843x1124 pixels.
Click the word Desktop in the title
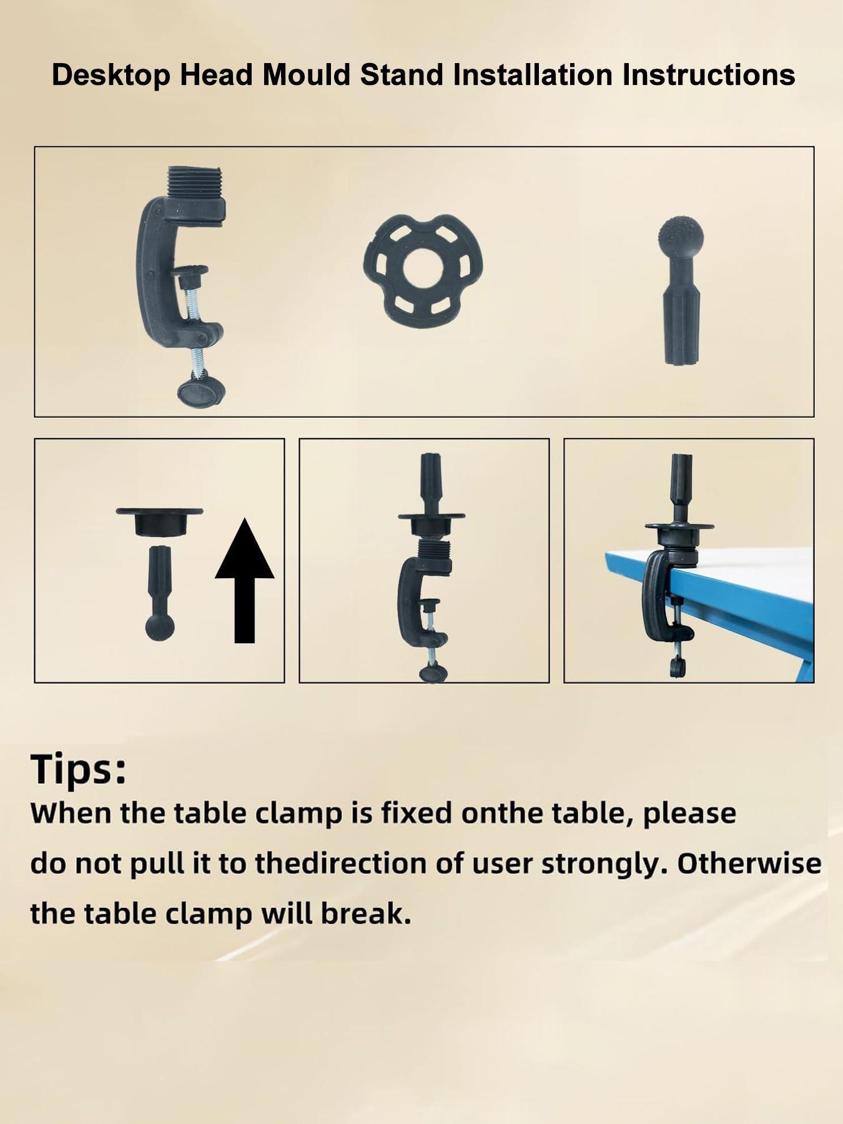111,76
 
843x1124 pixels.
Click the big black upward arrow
245,581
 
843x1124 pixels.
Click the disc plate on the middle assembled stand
431,516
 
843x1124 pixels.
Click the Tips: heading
79,769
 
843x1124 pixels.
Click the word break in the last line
367,914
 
